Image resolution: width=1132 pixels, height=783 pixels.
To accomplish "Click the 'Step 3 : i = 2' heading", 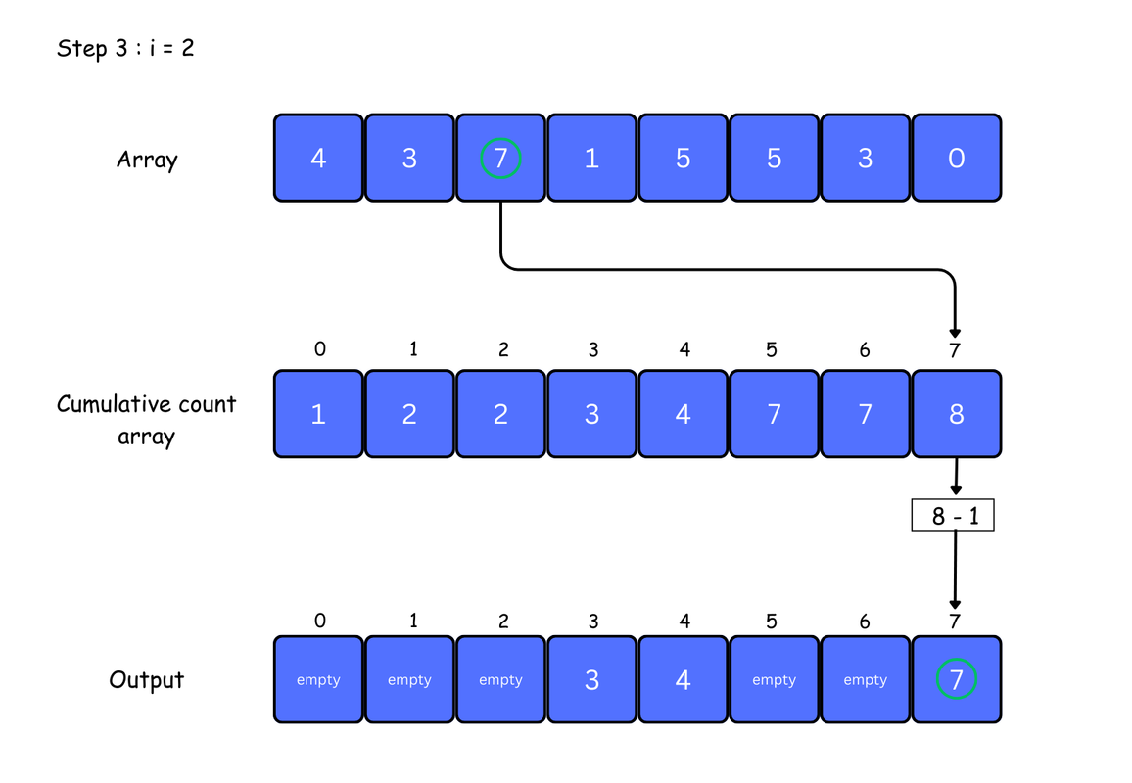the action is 125,48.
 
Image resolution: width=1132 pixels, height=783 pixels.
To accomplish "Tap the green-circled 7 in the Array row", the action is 501,158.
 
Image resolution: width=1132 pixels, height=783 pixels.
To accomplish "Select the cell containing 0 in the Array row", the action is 957,158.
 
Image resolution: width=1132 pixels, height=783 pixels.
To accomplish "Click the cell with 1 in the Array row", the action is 592,158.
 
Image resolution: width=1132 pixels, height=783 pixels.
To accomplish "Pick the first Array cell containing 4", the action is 318,158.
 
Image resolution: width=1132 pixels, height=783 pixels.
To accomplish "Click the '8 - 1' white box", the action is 953,515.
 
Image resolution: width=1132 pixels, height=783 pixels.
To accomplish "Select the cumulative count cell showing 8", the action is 957,414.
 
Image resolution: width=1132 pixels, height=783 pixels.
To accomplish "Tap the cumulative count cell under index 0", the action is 318,414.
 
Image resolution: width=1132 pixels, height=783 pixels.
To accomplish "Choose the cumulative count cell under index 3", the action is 592,414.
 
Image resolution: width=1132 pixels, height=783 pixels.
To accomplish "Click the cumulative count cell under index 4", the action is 683,414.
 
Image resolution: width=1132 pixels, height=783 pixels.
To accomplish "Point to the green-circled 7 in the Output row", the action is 957,679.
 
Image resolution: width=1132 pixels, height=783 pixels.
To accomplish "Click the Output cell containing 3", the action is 592,680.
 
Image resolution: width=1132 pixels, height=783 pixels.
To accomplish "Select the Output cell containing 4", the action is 683,680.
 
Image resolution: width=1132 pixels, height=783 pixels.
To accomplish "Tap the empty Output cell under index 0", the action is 318,680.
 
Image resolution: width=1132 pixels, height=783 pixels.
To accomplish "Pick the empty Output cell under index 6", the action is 866,680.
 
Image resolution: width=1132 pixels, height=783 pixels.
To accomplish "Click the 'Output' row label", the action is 147,680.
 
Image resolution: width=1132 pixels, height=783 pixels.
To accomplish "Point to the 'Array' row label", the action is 147,160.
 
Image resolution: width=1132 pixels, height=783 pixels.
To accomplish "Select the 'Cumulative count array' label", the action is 147,420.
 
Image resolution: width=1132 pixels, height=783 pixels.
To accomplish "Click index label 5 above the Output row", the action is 772,622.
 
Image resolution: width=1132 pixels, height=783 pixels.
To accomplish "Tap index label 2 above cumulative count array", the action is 503,350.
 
